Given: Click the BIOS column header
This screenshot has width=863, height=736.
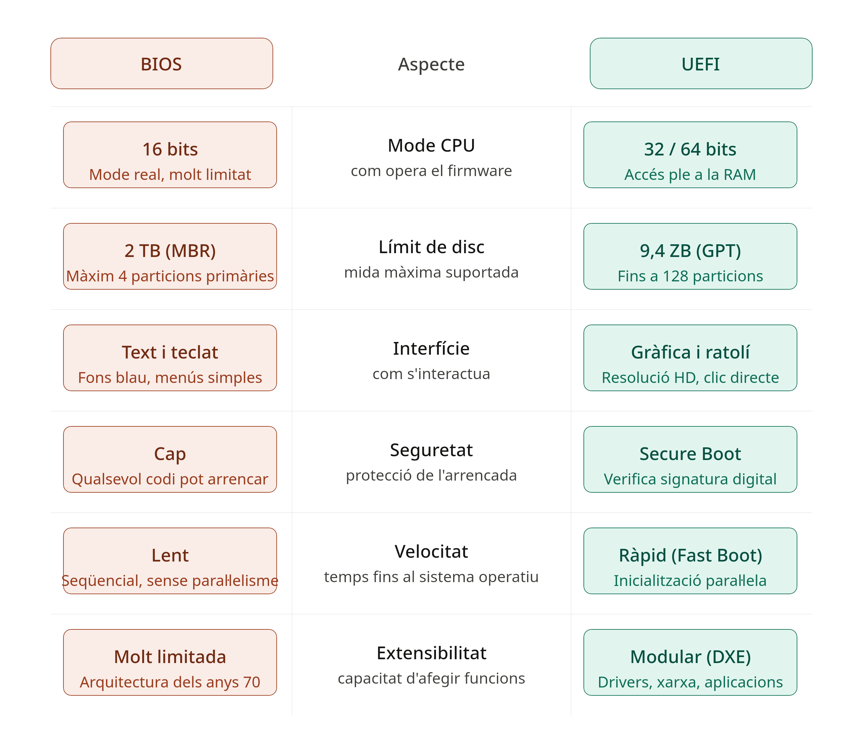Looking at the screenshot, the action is pyautogui.click(x=161, y=63).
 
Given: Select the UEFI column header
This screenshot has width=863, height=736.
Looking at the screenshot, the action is pyautogui.click(x=701, y=63).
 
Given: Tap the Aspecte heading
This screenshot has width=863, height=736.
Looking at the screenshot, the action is pyautogui.click(x=431, y=64).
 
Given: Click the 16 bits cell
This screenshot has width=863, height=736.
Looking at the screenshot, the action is pyautogui.click(x=170, y=155).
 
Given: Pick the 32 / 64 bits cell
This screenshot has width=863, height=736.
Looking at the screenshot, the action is pyautogui.click(x=690, y=155).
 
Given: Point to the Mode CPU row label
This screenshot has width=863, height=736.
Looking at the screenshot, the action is pyautogui.click(x=431, y=145).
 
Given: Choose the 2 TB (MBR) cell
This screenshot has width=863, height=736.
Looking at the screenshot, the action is pyautogui.click(x=170, y=256).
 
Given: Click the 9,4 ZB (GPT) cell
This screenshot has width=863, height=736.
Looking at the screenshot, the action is pyautogui.click(x=690, y=256).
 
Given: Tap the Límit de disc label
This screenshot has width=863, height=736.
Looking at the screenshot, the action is pyautogui.click(x=431, y=247).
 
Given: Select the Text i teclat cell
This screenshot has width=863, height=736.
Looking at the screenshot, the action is pyautogui.click(x=170, y=358).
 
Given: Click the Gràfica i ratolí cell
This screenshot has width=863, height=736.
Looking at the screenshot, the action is pyautogui.click(x=690, y=358).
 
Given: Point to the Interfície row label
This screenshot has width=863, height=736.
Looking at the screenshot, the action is pyautogui.click(x=431, y=348).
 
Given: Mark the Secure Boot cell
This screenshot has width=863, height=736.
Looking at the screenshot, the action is pyautogui.click(x=690, y=459).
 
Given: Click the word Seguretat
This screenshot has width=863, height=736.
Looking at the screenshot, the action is pyautogui.click(x=431, y=450).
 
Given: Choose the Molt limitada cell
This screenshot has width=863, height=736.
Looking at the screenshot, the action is pyautogui.click(x=170, y=662).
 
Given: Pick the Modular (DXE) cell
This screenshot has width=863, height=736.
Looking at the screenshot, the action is pyautogui.click(x=690, y=662).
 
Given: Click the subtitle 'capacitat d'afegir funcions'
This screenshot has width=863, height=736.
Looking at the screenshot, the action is pyautogui.click(x=431, y=679).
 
